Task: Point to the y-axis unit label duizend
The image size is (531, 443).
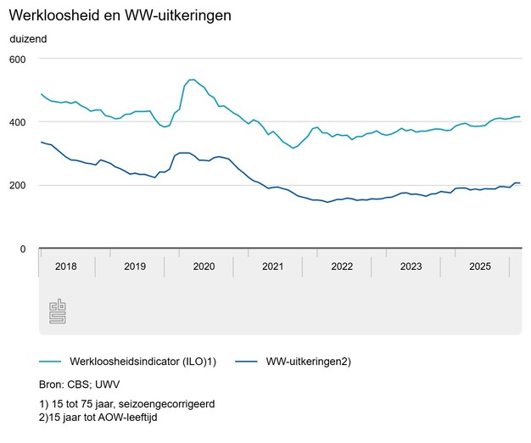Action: click(29, 39)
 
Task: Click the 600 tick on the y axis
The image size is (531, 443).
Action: click(19, 59)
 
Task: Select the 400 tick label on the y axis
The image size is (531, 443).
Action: click(19, 122)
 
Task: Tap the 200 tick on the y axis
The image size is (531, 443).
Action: click(19, 185)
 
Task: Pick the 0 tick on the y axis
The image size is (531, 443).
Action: click(24, 249)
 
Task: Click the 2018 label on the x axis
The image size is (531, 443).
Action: click(65, 266)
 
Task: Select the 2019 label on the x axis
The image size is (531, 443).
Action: click(135, 266)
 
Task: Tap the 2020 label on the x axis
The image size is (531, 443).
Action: click(204, 266)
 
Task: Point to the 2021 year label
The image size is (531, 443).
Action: click(273, 266)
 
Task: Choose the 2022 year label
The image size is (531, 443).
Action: click(342, 266)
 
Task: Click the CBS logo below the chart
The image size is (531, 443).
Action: click(57, 311)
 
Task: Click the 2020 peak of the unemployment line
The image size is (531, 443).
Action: click(190, 80)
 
